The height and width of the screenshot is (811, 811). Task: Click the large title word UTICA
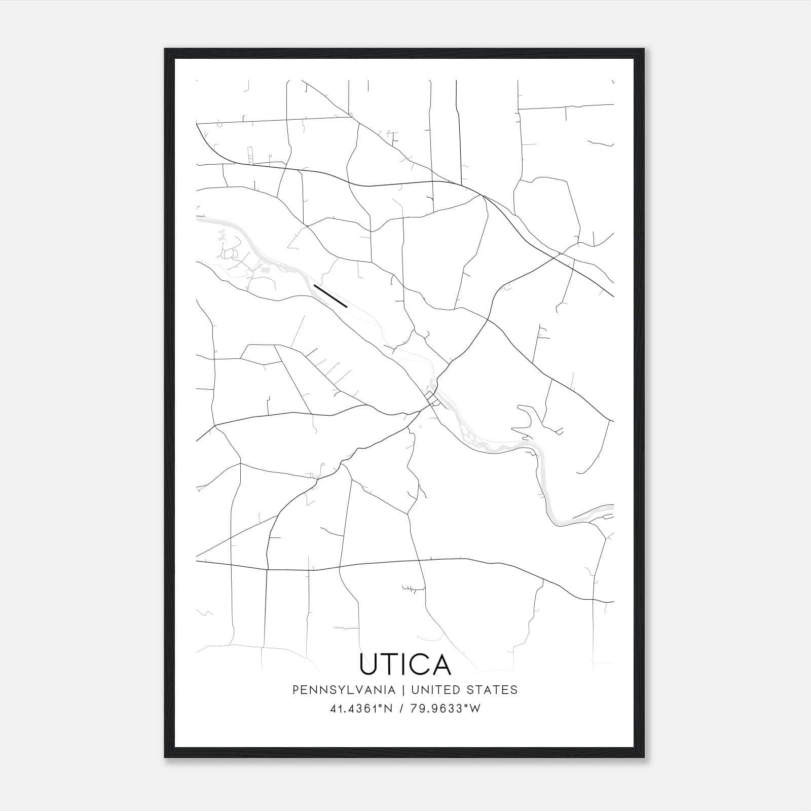tap(405, 664)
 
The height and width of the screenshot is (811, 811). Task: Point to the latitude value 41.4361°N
tap(362, 709)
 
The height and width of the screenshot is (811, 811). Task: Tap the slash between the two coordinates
tap(401, 709)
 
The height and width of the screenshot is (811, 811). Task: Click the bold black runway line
tap(330, 296)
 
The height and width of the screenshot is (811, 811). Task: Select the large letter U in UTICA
tap(368, 664)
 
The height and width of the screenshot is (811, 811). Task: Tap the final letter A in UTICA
tap(441, 664)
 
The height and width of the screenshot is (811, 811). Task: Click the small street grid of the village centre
tap(432, 398)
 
